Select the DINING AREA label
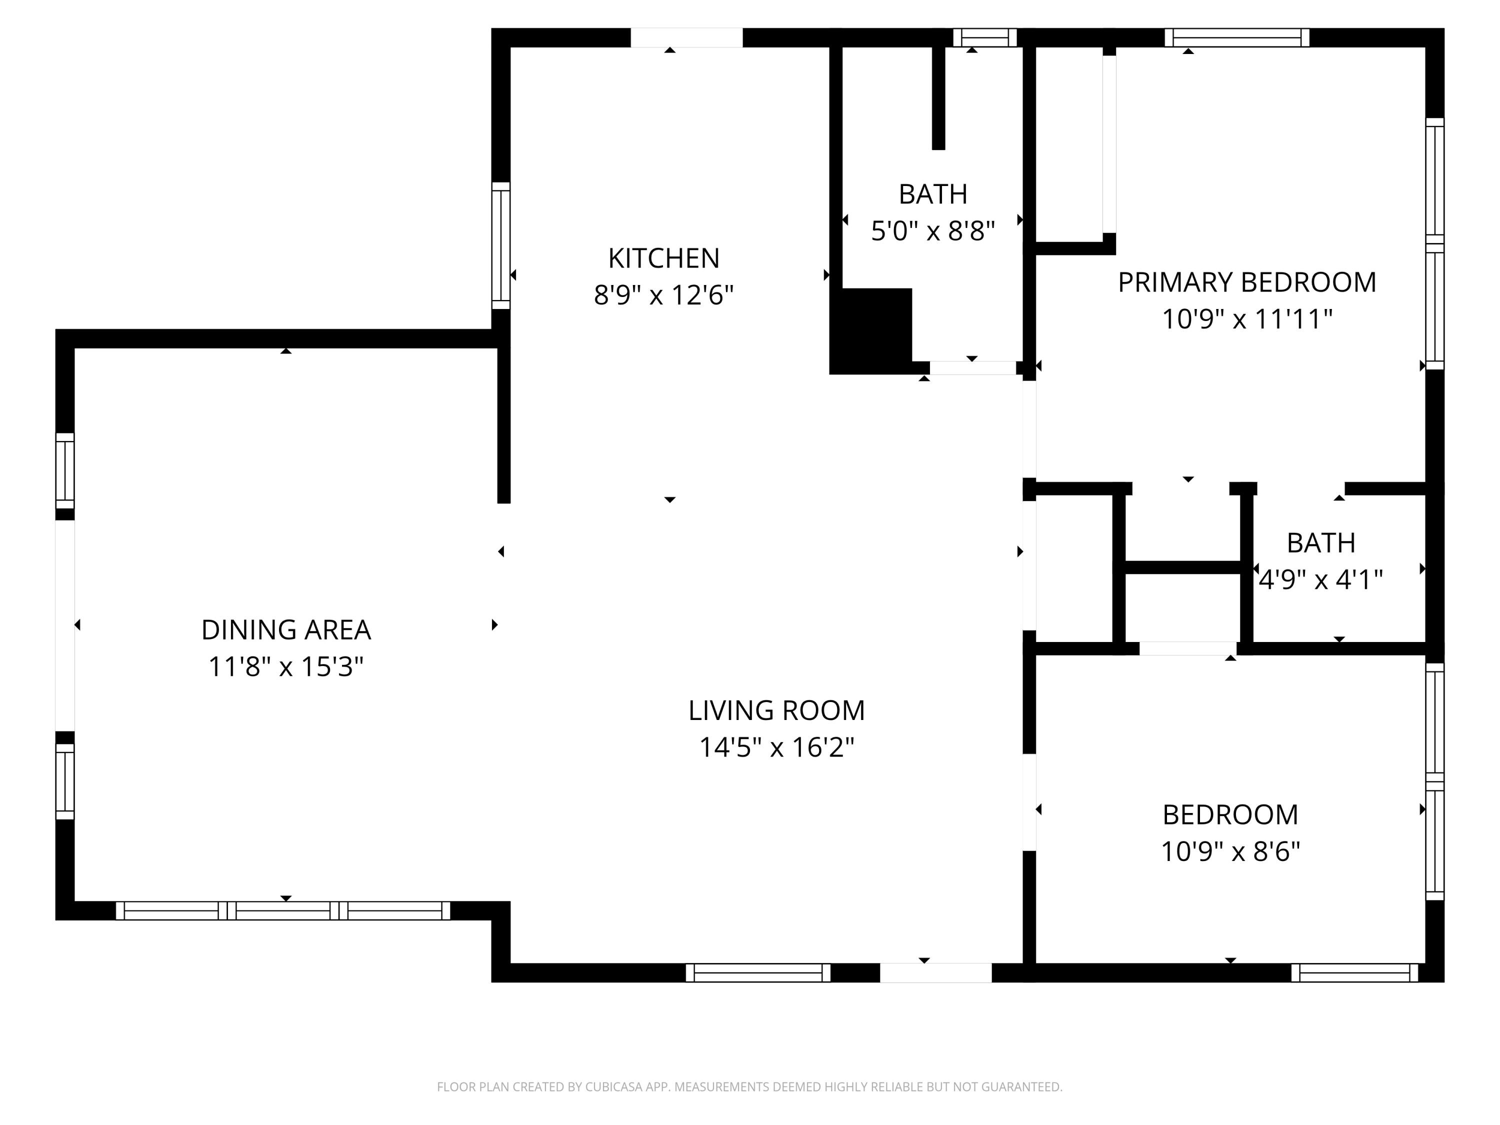coord(285,630)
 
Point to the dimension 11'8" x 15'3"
coord(285,666)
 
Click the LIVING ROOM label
coord(776,710)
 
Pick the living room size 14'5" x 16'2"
coord(776,747)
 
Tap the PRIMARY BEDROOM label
coord(1246,282)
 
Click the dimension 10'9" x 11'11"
coord(1246,318)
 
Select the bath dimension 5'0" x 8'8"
coord(932,231)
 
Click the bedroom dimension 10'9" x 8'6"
coord(1230,851)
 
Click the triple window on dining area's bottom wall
coord(283,910)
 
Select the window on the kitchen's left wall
coord(500,245)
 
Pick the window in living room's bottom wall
coord(757,972)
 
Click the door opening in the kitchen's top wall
coord(686,38)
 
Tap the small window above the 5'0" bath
coord(984,37)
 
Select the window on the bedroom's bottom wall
coord(1354,972)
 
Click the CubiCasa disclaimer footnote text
coord(749,1086)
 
